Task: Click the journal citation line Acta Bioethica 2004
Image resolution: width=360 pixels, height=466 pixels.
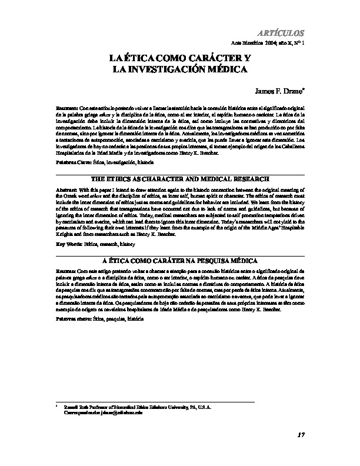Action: coord(269,44)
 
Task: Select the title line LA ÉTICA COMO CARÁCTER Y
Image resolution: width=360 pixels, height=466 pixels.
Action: coord(180,59)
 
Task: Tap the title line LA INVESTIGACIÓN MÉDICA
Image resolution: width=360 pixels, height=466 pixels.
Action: coord(180,69)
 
